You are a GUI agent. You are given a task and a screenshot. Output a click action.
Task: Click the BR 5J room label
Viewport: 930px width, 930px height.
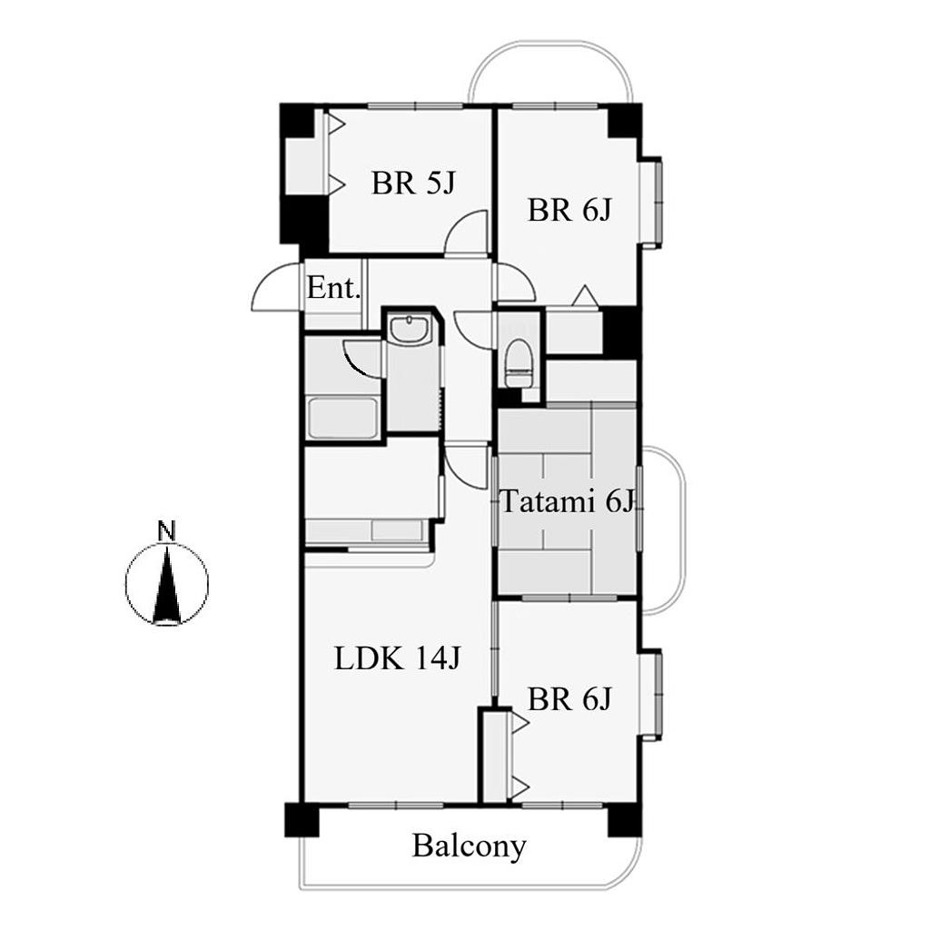pos(413,183)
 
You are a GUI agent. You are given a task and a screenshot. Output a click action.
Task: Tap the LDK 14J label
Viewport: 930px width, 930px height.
pos(398,658)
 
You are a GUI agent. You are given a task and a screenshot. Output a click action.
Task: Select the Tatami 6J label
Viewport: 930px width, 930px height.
pos(569,501)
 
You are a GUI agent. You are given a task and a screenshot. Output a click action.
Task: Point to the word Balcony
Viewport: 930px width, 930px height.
pos(470,846)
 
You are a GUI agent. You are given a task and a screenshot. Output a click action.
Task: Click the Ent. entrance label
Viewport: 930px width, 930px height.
pos(334,289)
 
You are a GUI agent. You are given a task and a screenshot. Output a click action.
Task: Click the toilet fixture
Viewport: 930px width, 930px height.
pos(519,363)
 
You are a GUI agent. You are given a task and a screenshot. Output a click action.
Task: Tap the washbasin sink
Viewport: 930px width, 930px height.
pos(410,329)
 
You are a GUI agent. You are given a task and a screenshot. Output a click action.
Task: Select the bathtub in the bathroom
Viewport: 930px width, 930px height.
pos(342,419)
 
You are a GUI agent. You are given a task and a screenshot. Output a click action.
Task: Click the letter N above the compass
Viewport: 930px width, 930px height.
pos(167,530)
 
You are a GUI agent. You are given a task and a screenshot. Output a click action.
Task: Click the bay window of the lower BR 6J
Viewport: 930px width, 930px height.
pos(650,695)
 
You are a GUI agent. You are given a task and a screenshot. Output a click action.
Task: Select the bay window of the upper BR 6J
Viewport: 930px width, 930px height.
pos(650,202)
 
